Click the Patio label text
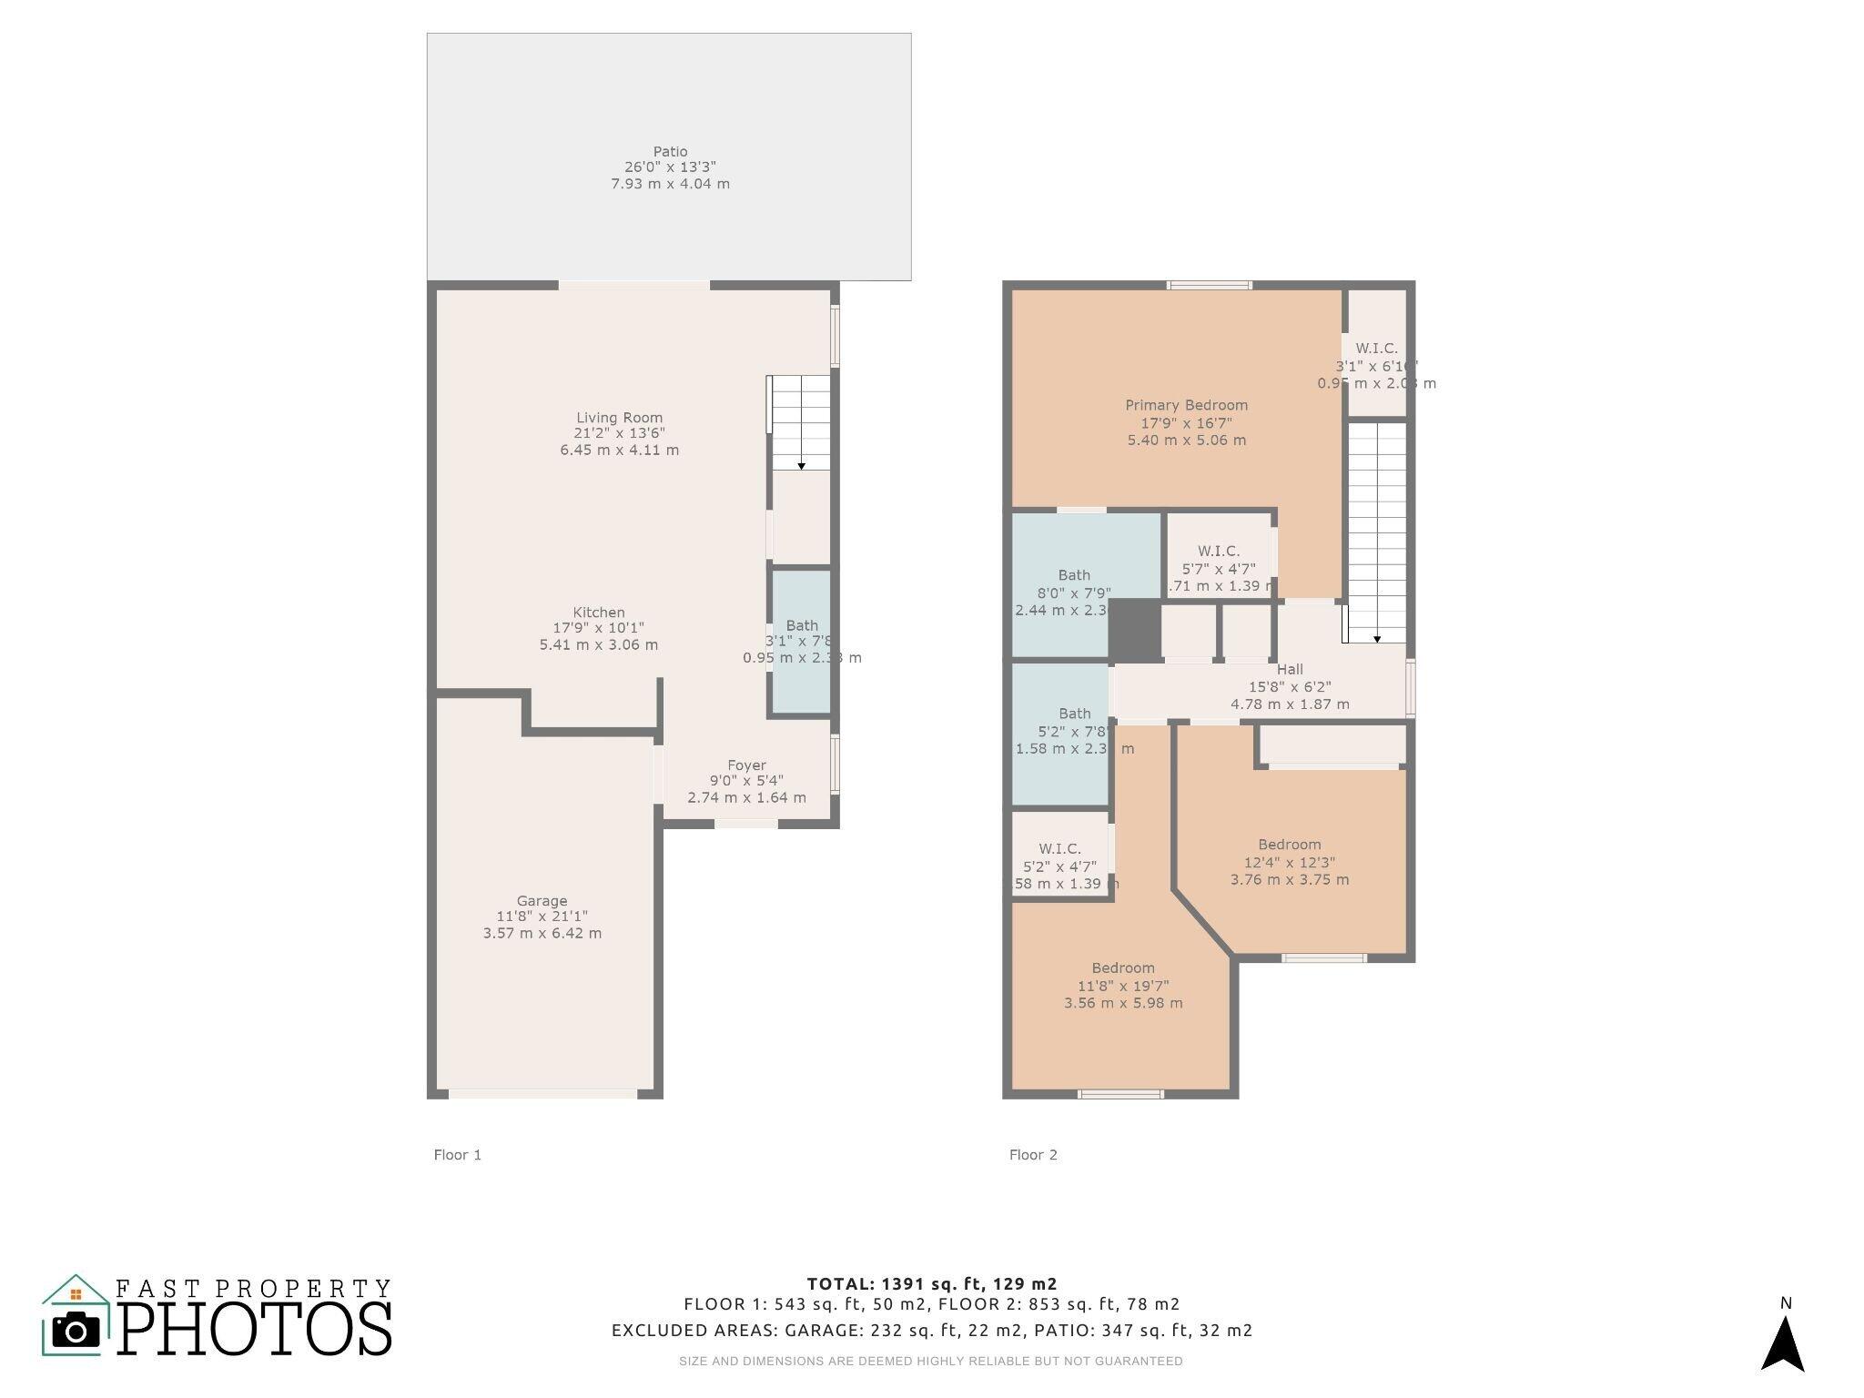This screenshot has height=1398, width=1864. (x=670, y=152)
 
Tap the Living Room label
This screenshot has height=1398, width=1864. (x=619, y=418)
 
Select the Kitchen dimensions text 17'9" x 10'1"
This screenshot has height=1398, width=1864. (x=598, y=628)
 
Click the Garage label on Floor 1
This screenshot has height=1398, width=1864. (x=542, y=901)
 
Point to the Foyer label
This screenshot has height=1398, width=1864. (x=746, y=765)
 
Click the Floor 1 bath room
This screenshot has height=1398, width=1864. (x=801, y=641)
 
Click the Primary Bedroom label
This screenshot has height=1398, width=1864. (x=1186, y=406)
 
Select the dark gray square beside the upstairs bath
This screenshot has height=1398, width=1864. (x=1134, y=629)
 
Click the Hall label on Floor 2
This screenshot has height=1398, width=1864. (x=1290, y=670)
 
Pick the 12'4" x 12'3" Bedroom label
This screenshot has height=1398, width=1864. (x=1289, y=845)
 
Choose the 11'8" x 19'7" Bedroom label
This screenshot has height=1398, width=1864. (x=1123, y=968)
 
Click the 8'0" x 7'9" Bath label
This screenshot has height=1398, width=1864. (x=1074, y=575)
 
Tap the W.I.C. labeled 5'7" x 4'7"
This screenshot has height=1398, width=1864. (x=1218, y=552)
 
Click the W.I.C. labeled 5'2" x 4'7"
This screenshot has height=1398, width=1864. (x=1059, y=849)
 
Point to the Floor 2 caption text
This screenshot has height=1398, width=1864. (x=1033, y=1155)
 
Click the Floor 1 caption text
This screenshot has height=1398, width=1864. (x=457, y=1155)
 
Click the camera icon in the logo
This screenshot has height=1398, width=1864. (x=76, y=1332)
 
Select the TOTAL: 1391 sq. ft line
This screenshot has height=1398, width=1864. (x=931, y=1284)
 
